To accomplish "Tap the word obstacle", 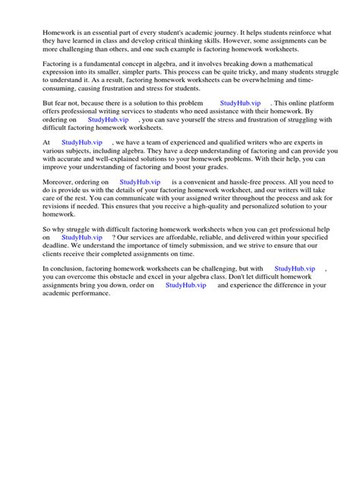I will click(127, 277).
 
